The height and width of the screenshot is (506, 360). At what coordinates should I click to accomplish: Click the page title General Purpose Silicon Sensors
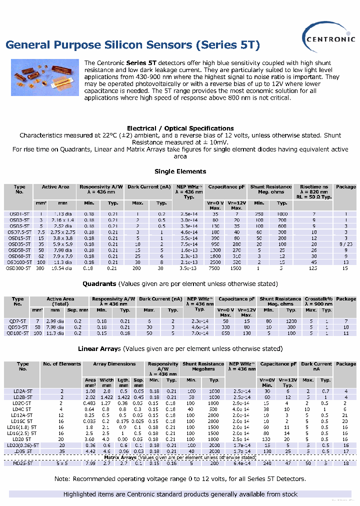coord(132,45)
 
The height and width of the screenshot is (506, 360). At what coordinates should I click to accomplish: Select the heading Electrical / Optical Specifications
coord(180,128)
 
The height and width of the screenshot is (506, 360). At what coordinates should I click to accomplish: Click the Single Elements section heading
coord(180,171)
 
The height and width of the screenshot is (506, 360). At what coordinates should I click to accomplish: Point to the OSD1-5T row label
coord(19,213)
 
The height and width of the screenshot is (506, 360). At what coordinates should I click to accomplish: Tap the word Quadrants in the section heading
coord(99,283)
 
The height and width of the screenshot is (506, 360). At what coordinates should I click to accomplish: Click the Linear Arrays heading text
coord(99,348)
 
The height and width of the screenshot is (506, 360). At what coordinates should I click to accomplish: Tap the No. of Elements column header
coord(61,364)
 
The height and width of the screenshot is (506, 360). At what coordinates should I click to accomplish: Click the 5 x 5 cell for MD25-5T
coord(61,463)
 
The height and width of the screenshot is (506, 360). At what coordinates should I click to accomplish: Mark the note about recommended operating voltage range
coord(180,479)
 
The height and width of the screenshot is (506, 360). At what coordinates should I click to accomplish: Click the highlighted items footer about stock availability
coord(180,494)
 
